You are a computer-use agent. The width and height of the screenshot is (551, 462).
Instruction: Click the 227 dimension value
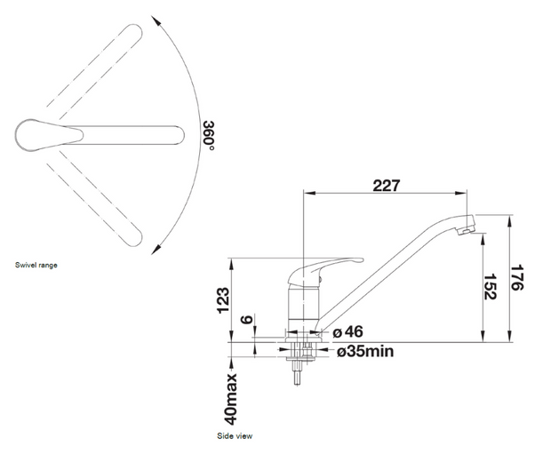coord(387,186)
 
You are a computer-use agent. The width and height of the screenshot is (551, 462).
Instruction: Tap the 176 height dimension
coord(517,277)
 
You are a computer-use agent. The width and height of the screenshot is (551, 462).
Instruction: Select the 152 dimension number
coord(490,287)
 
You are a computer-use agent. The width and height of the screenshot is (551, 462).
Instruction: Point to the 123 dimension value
coord(223,300)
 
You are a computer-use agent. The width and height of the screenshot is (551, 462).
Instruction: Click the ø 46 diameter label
coord(347,331)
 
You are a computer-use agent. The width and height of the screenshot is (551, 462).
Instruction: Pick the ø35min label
coord(365,351)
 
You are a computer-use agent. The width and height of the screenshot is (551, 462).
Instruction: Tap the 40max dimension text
coord(231,399)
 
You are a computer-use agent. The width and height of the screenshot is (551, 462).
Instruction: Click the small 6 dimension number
coord(247,320)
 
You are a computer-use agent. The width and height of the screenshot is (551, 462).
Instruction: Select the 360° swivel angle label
coord(209,135)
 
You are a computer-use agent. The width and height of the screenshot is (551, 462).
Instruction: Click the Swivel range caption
coord(36,266)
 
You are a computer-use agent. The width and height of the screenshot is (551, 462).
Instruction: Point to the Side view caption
coord(235,436)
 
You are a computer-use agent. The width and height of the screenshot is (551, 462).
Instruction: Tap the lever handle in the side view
coord(324,270)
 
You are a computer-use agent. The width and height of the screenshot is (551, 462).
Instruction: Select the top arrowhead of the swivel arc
coord(156,20)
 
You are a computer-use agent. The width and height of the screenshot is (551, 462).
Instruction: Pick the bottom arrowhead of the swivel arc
coord(156,249)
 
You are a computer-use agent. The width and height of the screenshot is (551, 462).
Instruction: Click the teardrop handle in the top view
coord(49,135)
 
